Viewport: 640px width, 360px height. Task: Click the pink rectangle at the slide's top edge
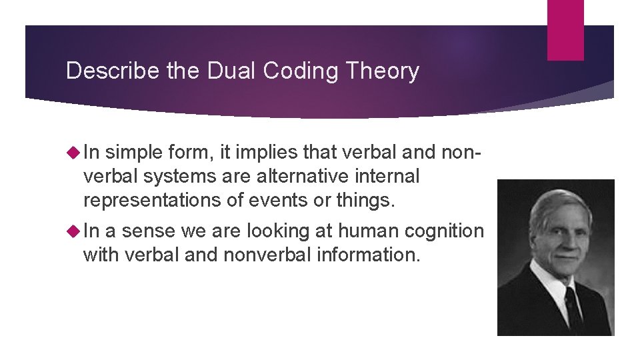point(565,29)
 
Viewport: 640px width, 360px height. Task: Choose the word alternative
point(303,177)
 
